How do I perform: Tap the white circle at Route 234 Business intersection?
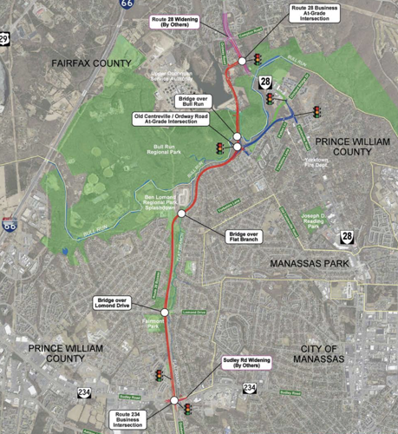coord(173,401)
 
